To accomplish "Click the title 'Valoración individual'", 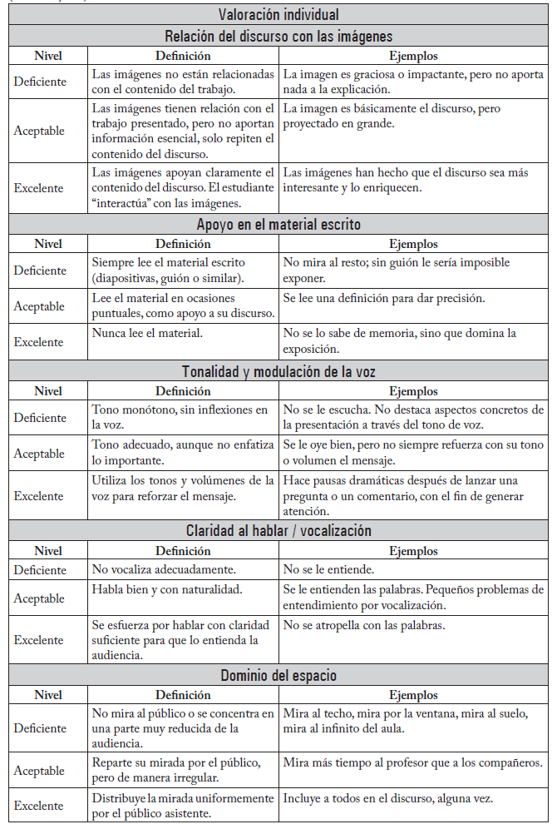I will click(x=278, y=14).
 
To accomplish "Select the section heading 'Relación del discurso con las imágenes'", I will click(x=278, y=36).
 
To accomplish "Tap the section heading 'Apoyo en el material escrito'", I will click(x=278, y=224).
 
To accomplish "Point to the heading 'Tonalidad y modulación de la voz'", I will click(x=278, y=371).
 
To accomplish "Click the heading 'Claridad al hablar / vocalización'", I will click(x=278, y=530).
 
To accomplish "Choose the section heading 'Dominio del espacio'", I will click(x=278, y=675).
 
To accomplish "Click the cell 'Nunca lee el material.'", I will click(x=146, y=333).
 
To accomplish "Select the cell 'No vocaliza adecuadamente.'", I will click(x=165, y=570).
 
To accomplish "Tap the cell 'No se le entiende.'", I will click(x=329, y=570).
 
